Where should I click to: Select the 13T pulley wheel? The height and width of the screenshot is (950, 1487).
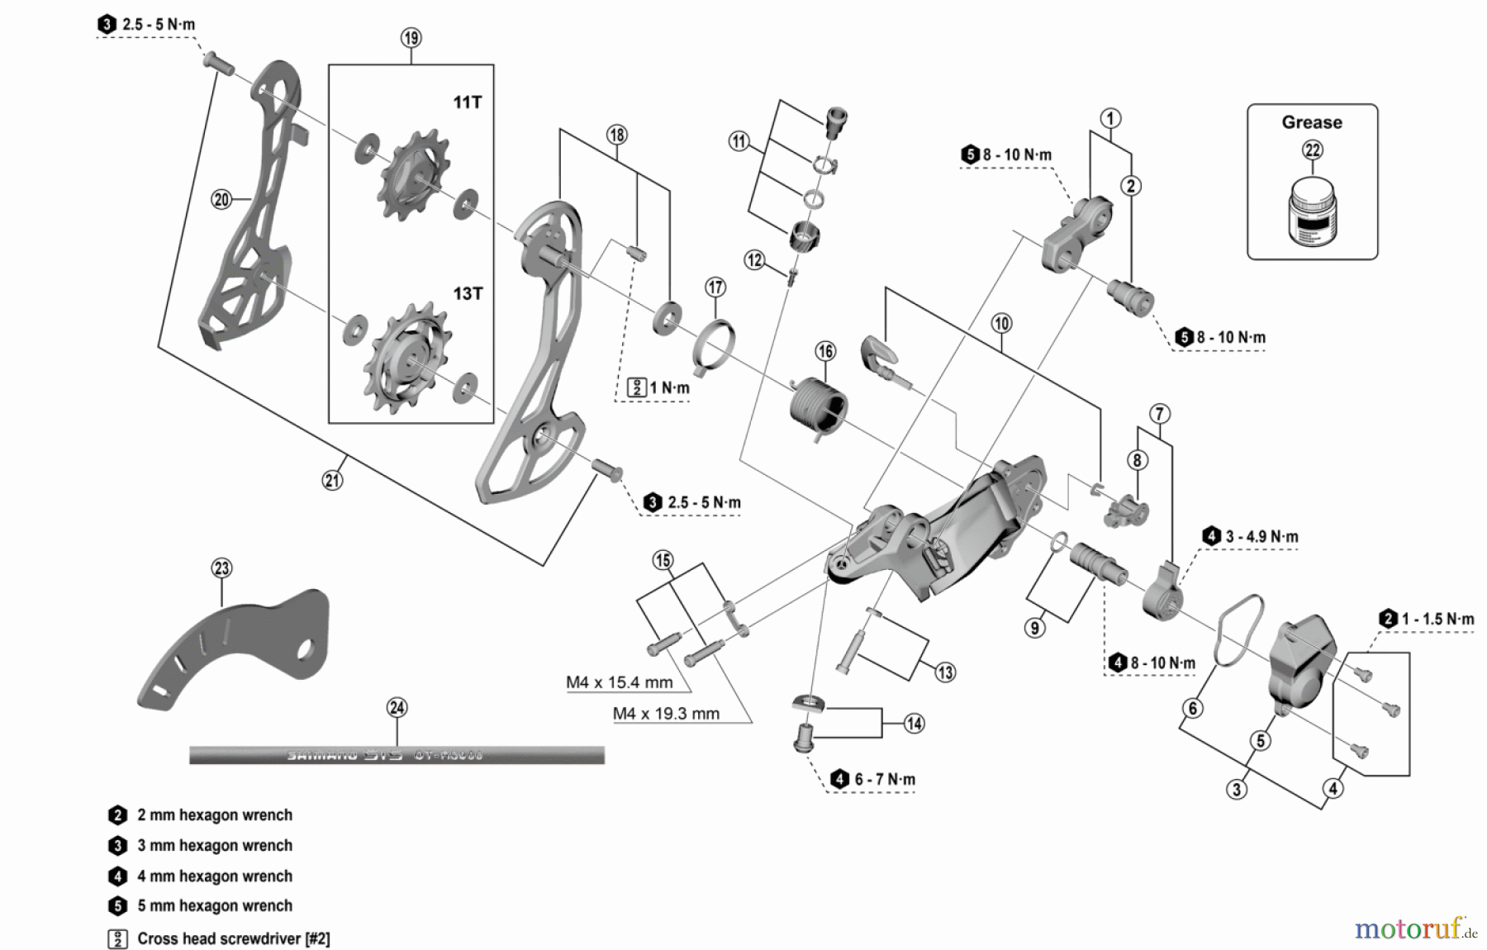click(x=408, y=358)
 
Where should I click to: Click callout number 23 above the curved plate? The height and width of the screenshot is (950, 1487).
click(x=221, y=568)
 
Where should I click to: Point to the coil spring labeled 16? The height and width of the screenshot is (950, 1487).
click(x=818, y=405)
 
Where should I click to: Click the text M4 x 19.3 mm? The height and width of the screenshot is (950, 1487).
click(x=666, y=714)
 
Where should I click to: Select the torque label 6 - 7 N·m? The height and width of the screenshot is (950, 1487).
click(x=884, y=780)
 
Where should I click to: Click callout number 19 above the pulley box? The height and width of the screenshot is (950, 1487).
click(x=411, y=38)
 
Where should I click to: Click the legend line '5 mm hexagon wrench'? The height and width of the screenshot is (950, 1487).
click(x=214, y=906)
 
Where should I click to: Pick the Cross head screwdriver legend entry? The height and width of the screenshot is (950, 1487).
click(x=233, y=939)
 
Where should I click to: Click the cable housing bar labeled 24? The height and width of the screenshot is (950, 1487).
click(x=397, y=755)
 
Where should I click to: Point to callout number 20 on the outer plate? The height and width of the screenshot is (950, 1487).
click(x=221, y=199)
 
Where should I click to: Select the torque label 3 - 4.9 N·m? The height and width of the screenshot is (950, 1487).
click(x=1261, y=537)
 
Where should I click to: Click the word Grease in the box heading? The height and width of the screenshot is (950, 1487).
click(x=1311, y=122)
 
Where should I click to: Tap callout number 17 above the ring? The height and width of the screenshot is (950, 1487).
click(x=715, y=287)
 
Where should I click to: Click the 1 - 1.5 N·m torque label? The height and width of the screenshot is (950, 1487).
click(x=1437, y=620)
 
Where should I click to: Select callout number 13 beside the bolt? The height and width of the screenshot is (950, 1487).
click(x=945, y=672)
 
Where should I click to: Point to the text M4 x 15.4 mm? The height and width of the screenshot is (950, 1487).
click(x=619, y=683)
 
